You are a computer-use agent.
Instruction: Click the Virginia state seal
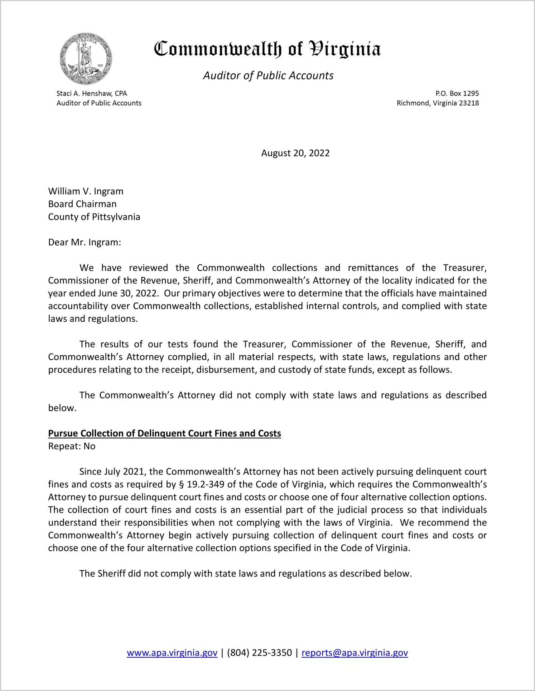(86, 59)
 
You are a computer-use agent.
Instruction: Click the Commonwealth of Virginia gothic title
(267, 49)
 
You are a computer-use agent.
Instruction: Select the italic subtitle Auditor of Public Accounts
(268, 76)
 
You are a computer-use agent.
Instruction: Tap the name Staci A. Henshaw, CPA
(92, 93)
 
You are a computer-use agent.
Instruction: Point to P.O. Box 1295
(457, 93)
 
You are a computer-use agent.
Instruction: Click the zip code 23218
(469, 103)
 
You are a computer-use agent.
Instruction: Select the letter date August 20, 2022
(295, 153)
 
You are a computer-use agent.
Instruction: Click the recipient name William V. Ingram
(86, 191)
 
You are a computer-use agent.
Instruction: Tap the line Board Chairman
(82, 204)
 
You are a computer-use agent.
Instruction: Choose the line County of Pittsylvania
(94, 217)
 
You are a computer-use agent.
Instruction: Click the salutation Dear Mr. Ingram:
(85, 242)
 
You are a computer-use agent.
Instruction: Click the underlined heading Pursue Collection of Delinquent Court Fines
(164, 433)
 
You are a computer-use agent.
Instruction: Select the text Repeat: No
(72, 446)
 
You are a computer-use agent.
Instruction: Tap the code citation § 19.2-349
(201, 484)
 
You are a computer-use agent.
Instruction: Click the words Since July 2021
(111, 472)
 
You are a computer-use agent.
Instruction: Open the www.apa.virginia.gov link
(172, 653)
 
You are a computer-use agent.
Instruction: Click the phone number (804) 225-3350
(259, 653)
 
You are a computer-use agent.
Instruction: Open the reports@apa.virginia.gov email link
(355, 653)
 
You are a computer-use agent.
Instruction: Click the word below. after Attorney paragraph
(62, 408)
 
